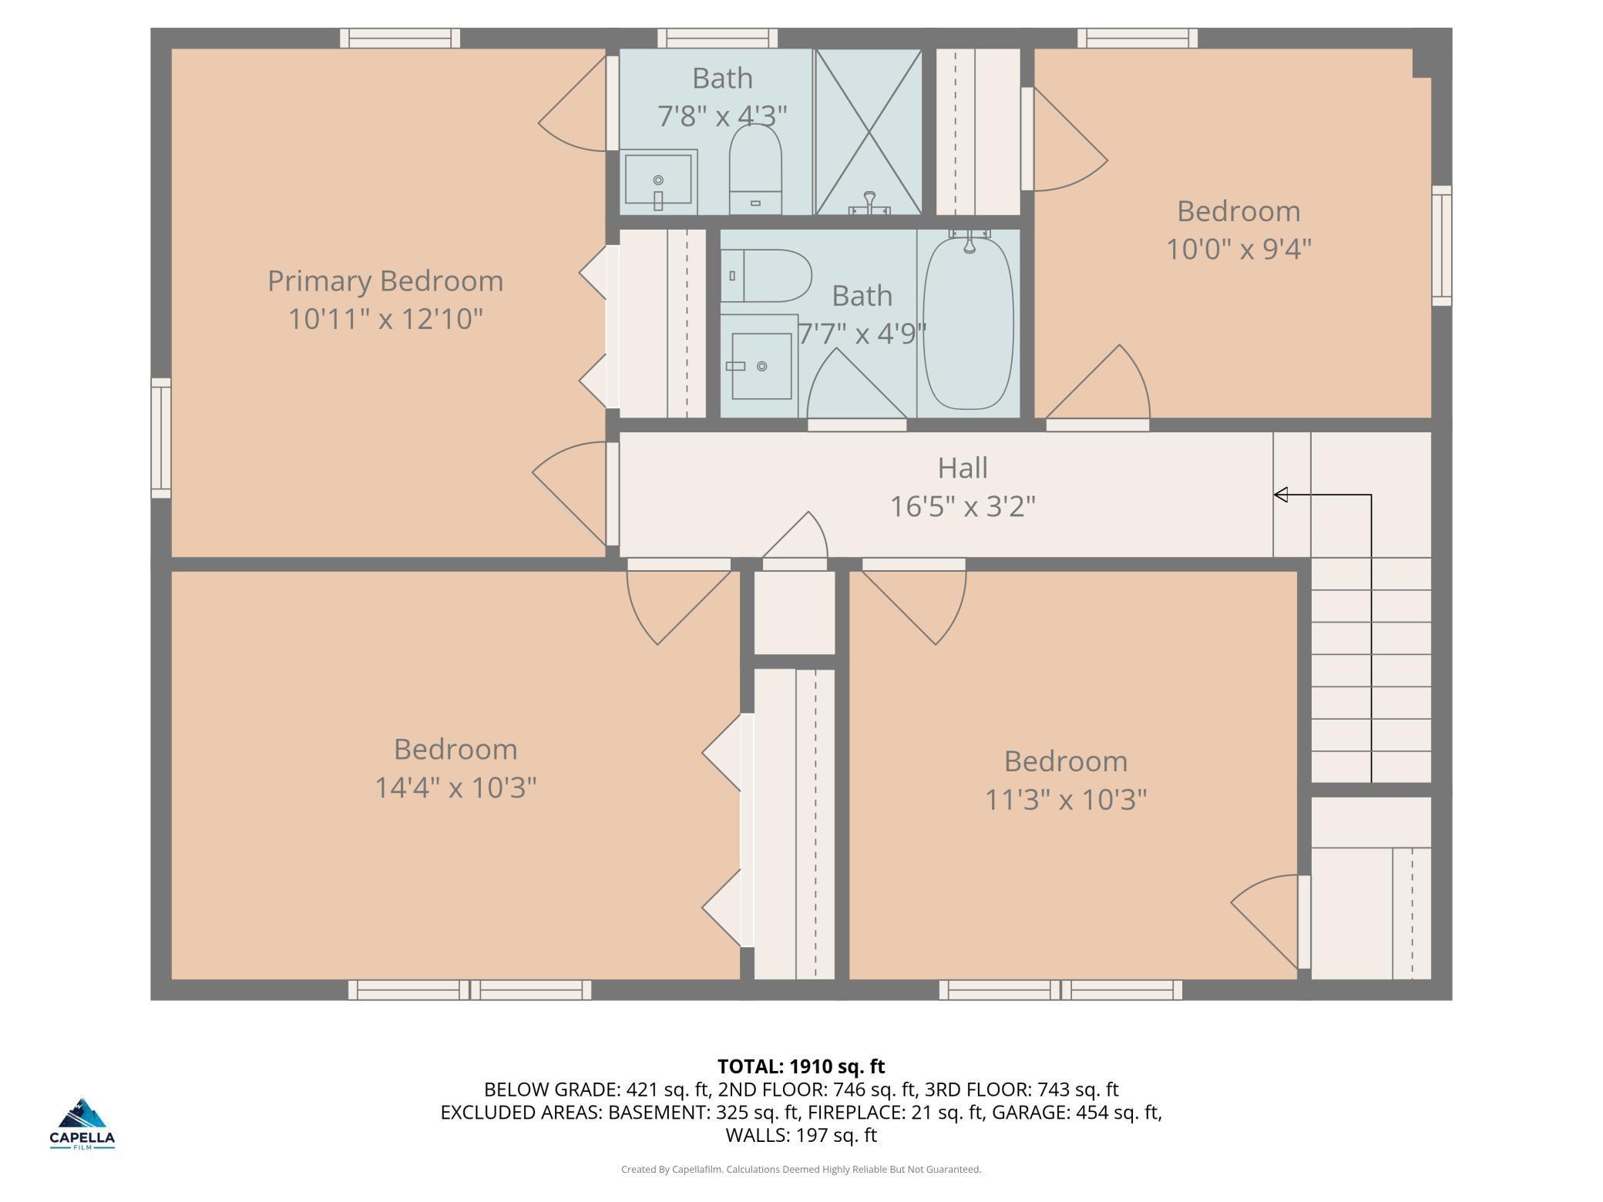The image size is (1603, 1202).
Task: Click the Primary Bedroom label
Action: (x=385, y=281)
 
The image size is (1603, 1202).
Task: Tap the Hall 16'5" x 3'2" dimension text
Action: (x=963, y=506)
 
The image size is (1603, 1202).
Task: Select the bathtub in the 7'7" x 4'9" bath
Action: (x=968, y=323)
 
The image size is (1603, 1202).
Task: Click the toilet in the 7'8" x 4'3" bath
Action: (x=755, y=169)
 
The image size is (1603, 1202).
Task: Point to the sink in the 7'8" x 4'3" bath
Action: (x=659, y=182)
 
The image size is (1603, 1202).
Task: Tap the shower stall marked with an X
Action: (x=869, y=132)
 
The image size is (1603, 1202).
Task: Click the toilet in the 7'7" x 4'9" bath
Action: (x=766, y=276)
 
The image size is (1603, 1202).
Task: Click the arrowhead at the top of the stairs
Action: (x=1281, y=495)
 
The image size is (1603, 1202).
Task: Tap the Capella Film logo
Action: (x=82, y=1123)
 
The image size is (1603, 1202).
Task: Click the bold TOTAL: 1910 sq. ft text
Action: (x=801, y=1066)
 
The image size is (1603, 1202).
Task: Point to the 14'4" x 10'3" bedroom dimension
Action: (x=455, y=787)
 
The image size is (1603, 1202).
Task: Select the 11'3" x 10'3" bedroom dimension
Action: (x=1066, y=800)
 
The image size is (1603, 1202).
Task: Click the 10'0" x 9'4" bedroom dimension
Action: (x=1238, y=249)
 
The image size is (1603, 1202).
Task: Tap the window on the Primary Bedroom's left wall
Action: (x=161, y=438)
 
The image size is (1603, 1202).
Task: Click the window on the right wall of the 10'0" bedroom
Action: (x=1442, y=245)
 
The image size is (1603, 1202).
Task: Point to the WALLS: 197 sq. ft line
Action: (x=801, y=1135)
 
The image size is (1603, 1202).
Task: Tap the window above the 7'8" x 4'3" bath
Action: (x=717, y=38)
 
